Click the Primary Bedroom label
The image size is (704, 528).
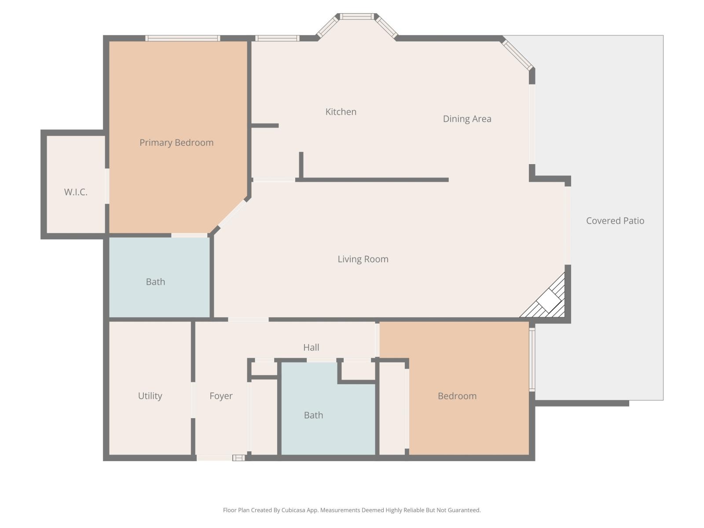coord(176,143)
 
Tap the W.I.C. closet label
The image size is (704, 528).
coord(76,192)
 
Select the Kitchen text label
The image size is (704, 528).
coord(341,112)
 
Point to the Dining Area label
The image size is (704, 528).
coord(467,119)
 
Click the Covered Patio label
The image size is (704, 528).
coord(615,221)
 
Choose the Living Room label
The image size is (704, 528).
coord(363,259)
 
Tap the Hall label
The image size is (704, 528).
coord(311,348)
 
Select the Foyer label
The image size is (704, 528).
coord(221,396)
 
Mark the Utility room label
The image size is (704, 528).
coord(150,396)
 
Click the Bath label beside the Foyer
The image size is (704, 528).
coord(313,415)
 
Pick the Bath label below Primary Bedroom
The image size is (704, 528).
coord(155,282)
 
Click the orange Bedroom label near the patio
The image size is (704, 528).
coord(457,396)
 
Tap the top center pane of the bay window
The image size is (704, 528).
coord(357,17)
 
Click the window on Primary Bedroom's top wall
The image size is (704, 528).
coord(183,38)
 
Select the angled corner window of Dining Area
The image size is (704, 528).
coord(518,55)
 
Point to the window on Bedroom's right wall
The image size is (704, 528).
coord(532,360)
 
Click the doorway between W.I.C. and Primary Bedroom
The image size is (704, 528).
coord(107,186)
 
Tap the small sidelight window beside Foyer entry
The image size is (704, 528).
coord(238,458)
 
